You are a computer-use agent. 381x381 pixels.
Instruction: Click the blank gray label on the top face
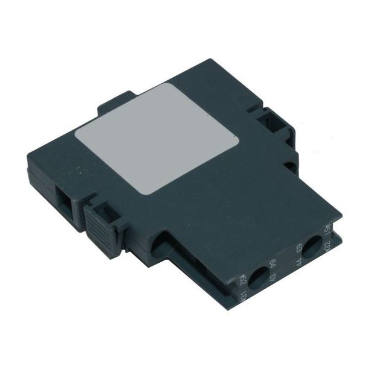pyautogui.click(x=158, y=137)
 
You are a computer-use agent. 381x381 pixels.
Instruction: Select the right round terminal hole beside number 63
pyautogui.click(x=312, y=247)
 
